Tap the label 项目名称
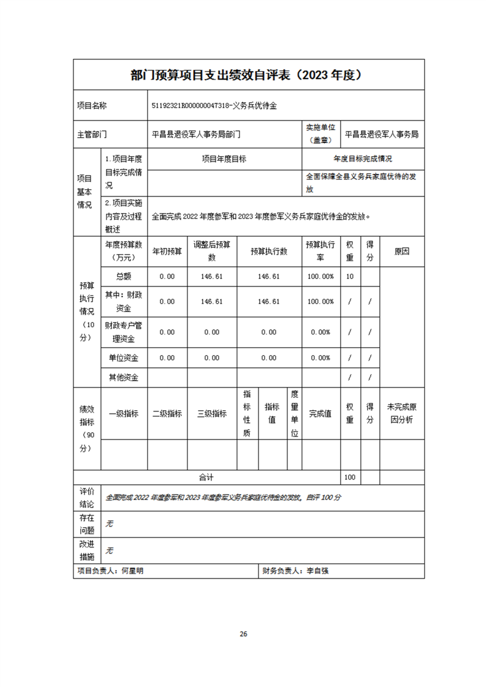pyautogui.click(x=92, y=106)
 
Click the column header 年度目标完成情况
pyautogui.click(x=363, y=159)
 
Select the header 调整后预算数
pyautogui.click(x=211, y=251)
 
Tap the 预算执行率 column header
pyautogui.click(x=321, y=251)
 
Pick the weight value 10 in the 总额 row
pyautogui.click(x=349, y=276)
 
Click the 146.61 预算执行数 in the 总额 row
pyautogui.click(x=268, y=276)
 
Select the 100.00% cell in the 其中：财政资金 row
pyautogui.click(x=321, y=302)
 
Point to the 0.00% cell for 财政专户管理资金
pyautogui.click(x=321, y=332)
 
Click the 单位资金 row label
pyautogui.click(x=123, y=358)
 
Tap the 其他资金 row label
pyautogui.click(x=123, y=377)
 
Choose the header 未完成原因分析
pyautogui.click(x=401, y=413)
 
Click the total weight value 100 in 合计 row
pyautogui.click(x=350, y=477)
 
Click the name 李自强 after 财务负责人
pyautogui.click(x=317, y=571)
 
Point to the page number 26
pyautogui.click(x=243, y=633)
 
